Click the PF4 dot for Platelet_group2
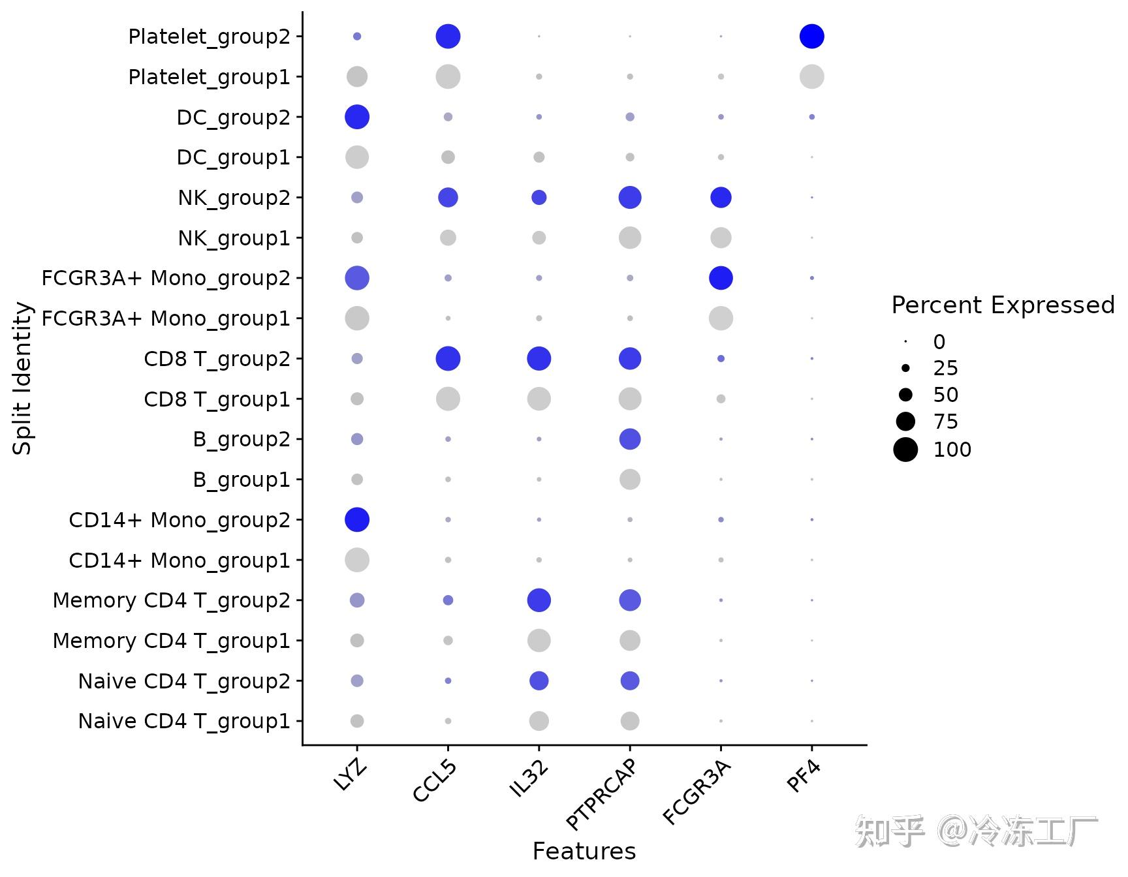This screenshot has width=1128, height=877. tap(811, 37)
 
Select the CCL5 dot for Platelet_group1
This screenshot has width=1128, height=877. tap(448, 77)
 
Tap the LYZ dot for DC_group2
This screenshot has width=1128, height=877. tap(357, 117)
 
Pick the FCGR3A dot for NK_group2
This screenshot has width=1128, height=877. tap(721, 198)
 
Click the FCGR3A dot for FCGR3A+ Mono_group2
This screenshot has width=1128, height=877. tap(721, 278)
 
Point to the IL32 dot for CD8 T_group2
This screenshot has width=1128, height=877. tap(539, 359)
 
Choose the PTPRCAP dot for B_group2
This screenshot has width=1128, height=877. tap(630, 439)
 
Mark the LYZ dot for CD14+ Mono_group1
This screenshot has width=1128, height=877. tap(357, 560)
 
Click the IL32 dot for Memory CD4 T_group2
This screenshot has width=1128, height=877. tap(539, 600)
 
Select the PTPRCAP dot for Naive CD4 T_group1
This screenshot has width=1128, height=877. tap(630, 721)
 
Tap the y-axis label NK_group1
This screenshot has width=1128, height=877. tap(234, 238)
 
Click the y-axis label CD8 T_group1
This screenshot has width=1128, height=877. tap(217, 399)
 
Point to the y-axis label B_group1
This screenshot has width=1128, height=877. tap(241, 480)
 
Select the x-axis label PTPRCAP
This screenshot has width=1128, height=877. tap(602, 794)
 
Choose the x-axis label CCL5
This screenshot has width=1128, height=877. tap(435, 781)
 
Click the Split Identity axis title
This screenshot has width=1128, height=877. tap(23, 378)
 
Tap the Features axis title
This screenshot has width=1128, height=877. tap(584, 852)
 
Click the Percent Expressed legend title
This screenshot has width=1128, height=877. tap(1003, 305)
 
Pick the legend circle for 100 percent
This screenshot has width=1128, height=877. tap(905, 450)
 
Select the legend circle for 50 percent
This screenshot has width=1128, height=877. tap(905, 395)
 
